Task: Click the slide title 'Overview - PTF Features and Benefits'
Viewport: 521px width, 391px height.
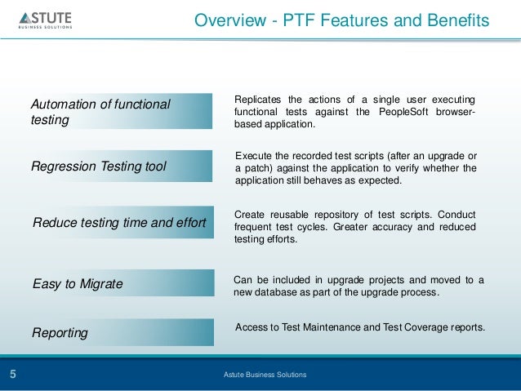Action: (x=341, y=19)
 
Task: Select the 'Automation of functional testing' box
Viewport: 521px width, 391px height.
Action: (x=119, y=113)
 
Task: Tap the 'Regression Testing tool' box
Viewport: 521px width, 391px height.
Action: (x=119, y=167)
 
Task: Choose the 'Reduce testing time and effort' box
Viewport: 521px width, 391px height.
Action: (x=119, y=221)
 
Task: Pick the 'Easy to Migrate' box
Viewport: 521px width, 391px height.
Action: (x=119, y=284)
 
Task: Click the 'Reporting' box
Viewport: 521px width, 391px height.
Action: (x=119, y=333)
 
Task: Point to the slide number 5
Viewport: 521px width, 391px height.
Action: (x=13, y=375)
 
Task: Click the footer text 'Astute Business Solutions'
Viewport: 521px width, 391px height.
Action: (x=265, y=375)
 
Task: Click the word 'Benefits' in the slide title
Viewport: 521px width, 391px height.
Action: (x=460, y=19)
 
